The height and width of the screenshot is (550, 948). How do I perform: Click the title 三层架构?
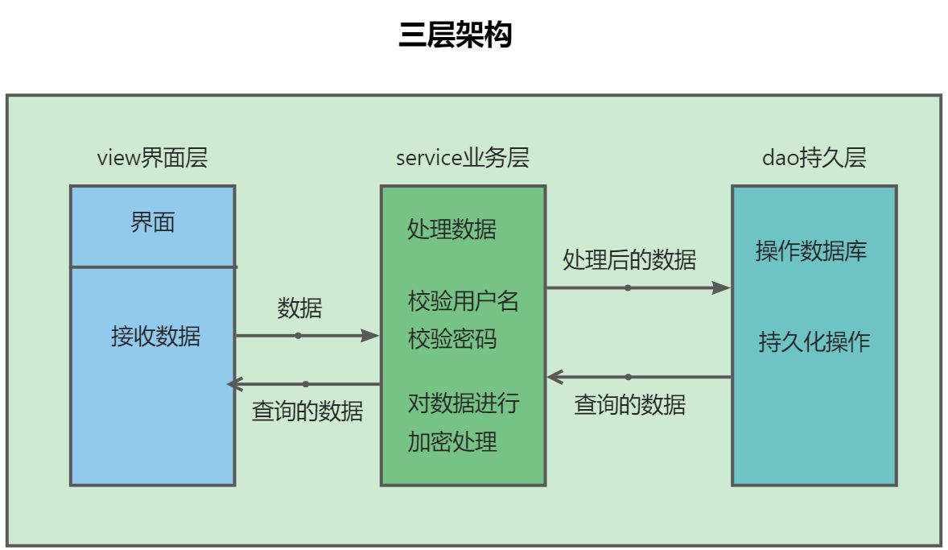click(x=455, y=35)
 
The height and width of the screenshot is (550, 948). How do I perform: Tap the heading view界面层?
click(x=152, y=158)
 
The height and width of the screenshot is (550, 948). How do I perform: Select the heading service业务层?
click(x=462, y=158)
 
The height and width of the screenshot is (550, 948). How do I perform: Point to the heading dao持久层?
click(x=814, y=158)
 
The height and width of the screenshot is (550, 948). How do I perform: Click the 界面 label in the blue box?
click(x=152, y=223)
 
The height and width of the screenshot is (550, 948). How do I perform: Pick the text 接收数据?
click(x=155, y=336)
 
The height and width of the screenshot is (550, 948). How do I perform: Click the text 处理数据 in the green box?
click(x=451, y=230)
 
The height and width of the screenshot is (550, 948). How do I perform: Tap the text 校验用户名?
click(x=463, y=301)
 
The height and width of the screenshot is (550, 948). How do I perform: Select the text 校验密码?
click(x=451, y=339)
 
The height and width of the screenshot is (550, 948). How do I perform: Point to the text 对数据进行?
click(x=463, y=403)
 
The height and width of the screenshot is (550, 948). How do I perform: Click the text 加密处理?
click(x=451, y=441)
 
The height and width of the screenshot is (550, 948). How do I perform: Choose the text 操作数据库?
click(x=811, y=251)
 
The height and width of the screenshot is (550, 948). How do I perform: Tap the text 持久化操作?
click(x=814, y=341)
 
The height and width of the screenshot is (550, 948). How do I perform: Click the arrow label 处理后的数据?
click(x=629, y=259)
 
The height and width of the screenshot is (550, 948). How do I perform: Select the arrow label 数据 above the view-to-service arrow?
click(x=299, y=308)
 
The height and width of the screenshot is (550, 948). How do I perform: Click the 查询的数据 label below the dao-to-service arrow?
click(x=629, y=404)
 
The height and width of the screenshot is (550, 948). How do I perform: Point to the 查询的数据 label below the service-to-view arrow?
click(x=307, y=411)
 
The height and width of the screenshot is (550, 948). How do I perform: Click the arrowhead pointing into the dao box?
click(x=722, y=287)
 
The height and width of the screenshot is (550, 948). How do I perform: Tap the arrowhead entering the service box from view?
click(x=370, y=336)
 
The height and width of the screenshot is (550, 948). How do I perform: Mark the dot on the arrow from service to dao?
click(x=628, y=287)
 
